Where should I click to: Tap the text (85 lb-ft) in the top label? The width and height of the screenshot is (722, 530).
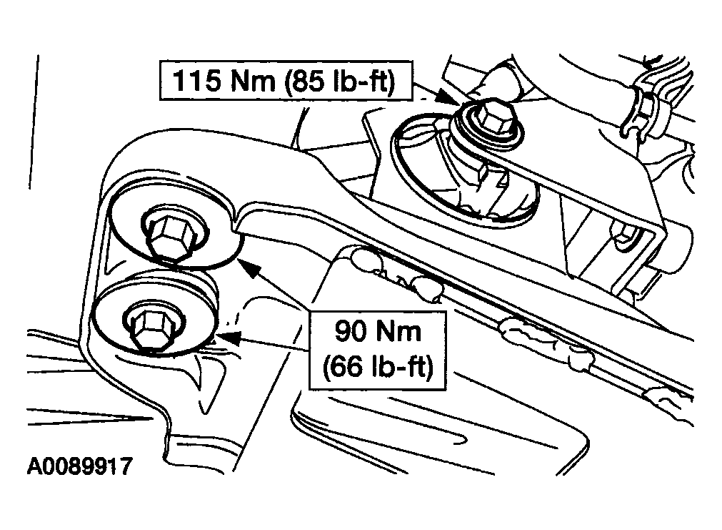pyautogui.click(x=340, y=82)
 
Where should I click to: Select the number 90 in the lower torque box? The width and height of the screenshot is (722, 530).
pyautogui.click(x=352, y=331)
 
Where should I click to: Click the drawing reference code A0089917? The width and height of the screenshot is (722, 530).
pyautogui.click(x=80, y=466)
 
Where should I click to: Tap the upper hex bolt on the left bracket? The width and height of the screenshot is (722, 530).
pyautogui.click(x=171, y=236)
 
